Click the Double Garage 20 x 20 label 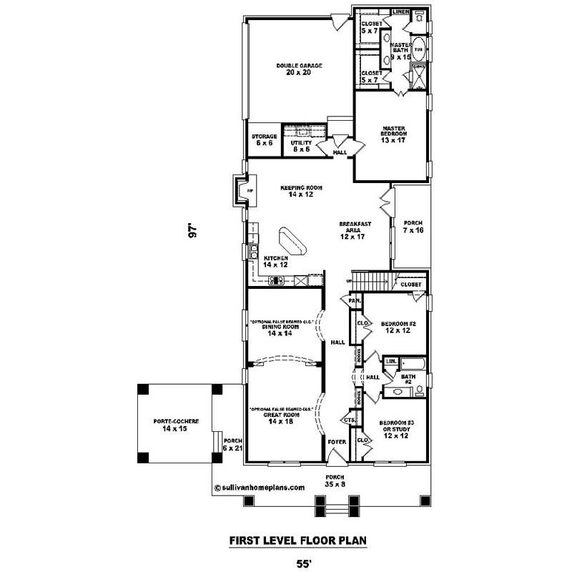299,69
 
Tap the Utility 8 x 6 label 301,146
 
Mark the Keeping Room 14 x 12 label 306,190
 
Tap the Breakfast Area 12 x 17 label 355,230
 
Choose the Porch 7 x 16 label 413,226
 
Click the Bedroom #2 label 394,325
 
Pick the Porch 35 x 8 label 335,480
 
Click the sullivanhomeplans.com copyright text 259,487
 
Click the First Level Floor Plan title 298,541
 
